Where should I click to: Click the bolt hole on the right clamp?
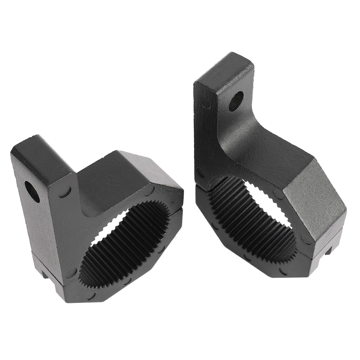(x=236, y=100)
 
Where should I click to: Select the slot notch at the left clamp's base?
(x=45, y=275)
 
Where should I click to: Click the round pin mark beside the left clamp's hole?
(x=65, y=191)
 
